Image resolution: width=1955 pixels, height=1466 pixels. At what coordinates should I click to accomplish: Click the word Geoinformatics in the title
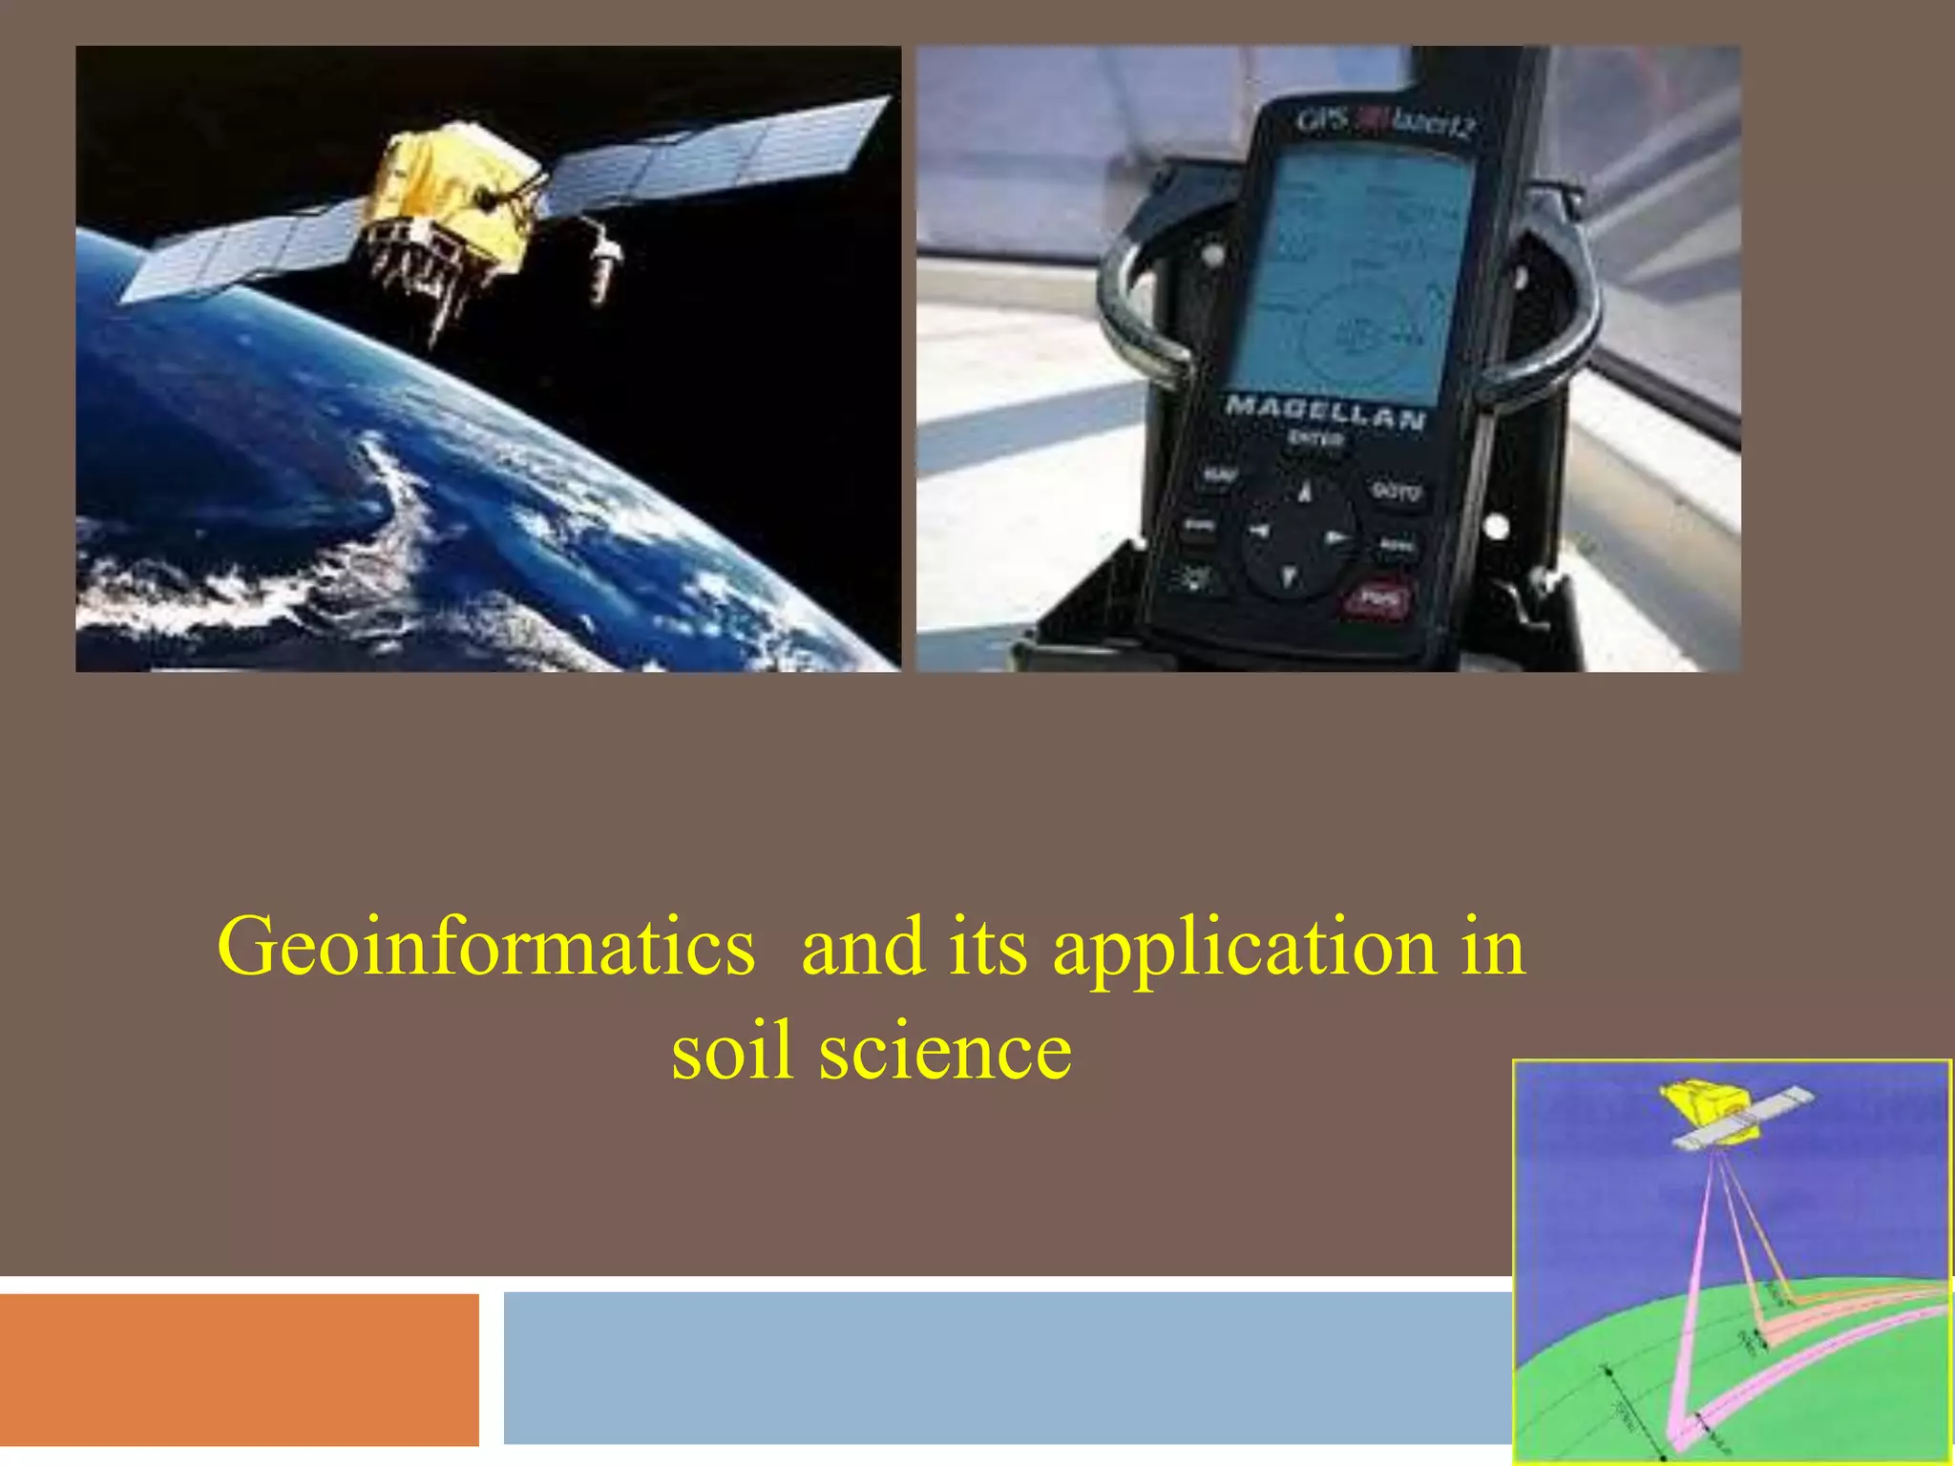(486, 948)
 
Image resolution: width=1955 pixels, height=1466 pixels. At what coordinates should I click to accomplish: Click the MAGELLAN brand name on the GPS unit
(1325, 412)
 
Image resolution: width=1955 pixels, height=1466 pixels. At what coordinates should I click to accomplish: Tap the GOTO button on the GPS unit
(1396, 492)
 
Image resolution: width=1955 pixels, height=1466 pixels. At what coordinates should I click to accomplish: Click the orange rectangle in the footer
(239, 1369)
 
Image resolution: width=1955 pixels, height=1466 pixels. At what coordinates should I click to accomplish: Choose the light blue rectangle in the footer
(1002, 1369)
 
